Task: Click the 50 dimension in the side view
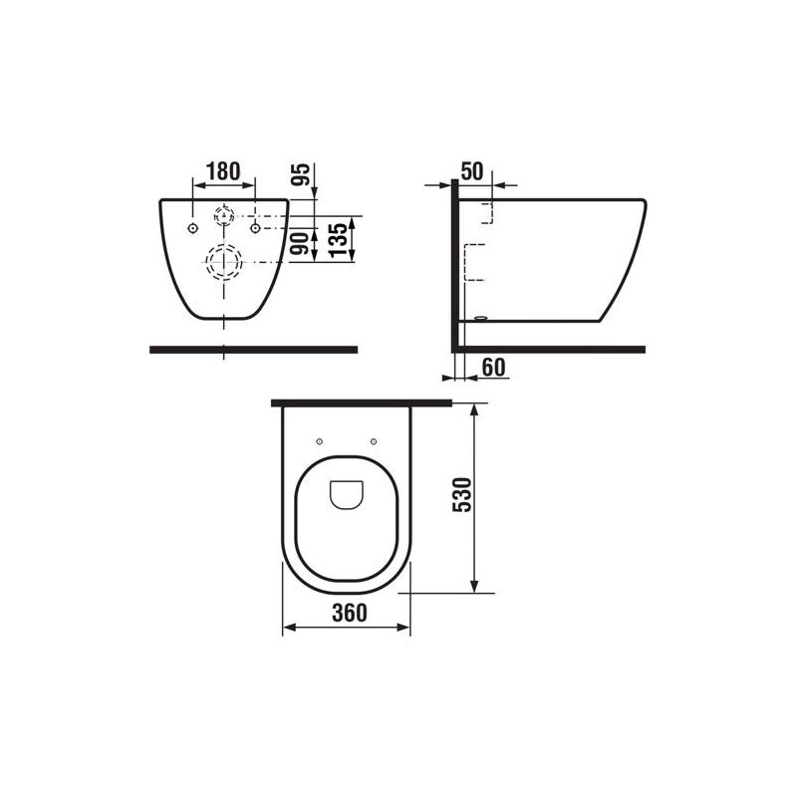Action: pos(472,171)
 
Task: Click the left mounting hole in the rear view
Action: pos(191,228)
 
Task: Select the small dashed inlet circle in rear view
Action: pos(224,214)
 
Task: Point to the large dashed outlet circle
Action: pos(224,264)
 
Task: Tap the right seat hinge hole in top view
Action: pos(374,441)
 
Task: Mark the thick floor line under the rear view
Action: pos(253,350)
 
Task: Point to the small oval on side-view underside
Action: pos(482,320)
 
